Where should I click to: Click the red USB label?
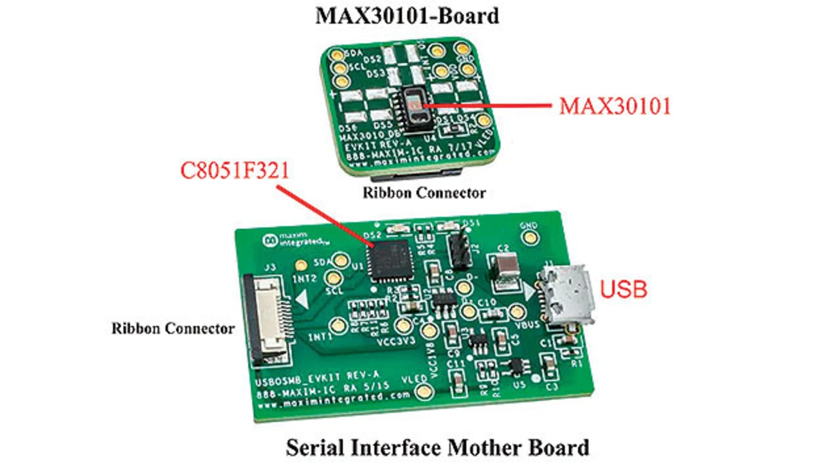coord(623,290)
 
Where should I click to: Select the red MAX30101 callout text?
coord(614,106)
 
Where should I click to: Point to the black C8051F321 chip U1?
coord(390,260)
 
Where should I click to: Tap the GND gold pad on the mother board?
coord(530,237)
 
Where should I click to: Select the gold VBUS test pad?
coord(517,313)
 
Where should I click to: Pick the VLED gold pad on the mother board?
coord(424,391)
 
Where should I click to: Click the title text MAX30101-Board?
coord(406,16)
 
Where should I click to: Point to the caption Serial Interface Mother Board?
coord(437,447)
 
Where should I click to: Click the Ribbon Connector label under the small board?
coord(424,192)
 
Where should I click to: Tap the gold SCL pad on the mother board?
coord(333,278)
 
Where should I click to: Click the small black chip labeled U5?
coord(515,367)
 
